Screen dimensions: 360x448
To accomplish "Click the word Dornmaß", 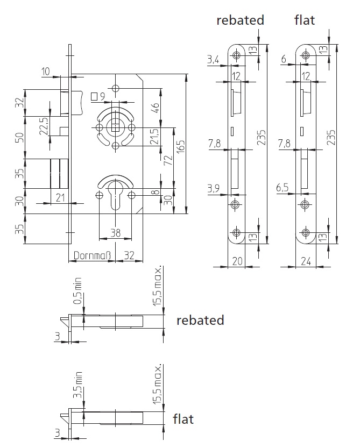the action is (92, 255).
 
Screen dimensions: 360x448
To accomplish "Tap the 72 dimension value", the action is (168, 160).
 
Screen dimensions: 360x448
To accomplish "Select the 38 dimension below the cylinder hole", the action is (116, 233).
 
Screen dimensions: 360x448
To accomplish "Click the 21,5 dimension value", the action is (154, 136).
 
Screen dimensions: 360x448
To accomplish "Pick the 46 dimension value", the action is (156, 108).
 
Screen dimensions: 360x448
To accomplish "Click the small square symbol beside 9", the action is (94, 97).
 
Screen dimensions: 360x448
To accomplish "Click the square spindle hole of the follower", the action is (115, 127).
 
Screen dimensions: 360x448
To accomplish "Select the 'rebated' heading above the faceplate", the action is (240, 20).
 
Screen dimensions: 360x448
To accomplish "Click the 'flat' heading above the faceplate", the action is (305, 20).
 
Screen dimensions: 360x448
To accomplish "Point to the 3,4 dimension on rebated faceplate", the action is (213, 60).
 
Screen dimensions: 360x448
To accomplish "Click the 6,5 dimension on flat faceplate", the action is (283, 188).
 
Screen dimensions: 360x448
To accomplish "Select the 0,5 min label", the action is (77, 290).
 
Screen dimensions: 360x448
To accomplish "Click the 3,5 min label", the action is (77, 385).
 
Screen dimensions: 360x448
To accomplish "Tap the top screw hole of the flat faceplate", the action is (306, 55).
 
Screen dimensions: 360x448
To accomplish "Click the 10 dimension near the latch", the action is (46, 71).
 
